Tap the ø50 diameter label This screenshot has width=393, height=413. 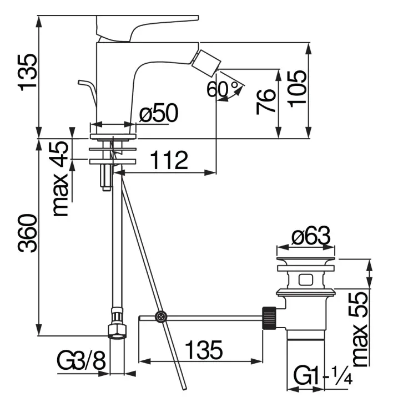pyautogui.click(x=159, y=114)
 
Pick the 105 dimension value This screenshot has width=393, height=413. pyautogui.click(x=298, y=89)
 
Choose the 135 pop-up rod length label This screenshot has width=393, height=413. pyautogui.click(x=203, y=349)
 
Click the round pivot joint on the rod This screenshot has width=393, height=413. pyautogui.click(x=160, y=317)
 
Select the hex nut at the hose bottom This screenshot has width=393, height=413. pyautogui.click(x=118, y=331)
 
